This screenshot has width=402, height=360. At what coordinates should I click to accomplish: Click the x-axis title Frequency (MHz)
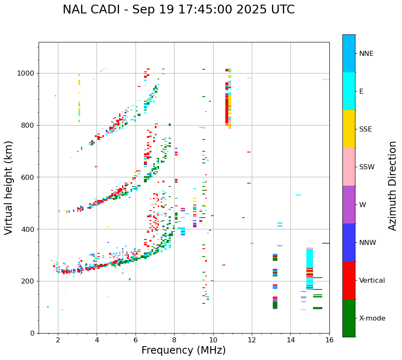click(183, 350)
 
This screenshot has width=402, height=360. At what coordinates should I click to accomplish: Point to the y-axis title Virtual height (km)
click(9, 187)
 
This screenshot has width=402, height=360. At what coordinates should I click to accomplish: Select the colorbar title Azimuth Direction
click(392, 186)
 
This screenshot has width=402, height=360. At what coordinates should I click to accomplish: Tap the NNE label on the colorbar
click(366, 54)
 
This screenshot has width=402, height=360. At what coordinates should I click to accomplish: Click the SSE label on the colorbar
click(365, 129)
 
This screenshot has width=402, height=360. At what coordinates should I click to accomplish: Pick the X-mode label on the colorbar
click(372, 318)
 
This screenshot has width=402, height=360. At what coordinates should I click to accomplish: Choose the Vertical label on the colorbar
click(372, 281)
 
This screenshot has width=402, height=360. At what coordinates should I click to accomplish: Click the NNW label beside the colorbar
click(368, 243)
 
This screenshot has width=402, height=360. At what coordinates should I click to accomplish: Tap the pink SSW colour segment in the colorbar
click(349, 167)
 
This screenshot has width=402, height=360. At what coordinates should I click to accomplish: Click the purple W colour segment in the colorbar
click(349, 205)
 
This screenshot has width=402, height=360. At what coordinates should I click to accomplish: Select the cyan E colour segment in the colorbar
click(349, 91)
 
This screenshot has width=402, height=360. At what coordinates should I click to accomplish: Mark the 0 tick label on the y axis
click(33, 333)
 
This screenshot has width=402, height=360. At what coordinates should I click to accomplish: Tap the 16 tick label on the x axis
click(329, 340)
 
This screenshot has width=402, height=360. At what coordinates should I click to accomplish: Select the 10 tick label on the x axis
click(213, 340)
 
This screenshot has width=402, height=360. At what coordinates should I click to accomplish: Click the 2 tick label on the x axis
click(58, 340)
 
